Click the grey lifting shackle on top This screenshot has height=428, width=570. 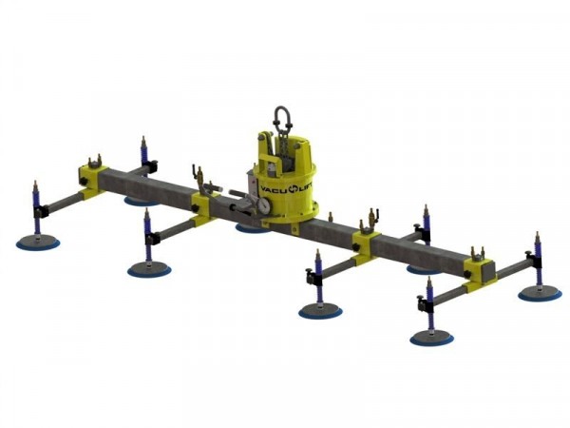[x=282, y=120]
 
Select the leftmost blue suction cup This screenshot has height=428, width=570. [x=38, y=243]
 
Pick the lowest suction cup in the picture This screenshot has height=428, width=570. [x=431, y=338]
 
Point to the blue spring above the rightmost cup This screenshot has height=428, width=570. [x=537, y=258]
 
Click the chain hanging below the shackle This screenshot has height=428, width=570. [x=281, y=143]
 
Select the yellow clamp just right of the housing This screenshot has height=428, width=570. [x=366, y=242]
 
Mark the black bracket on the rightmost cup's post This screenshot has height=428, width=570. [x=537, y=271]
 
